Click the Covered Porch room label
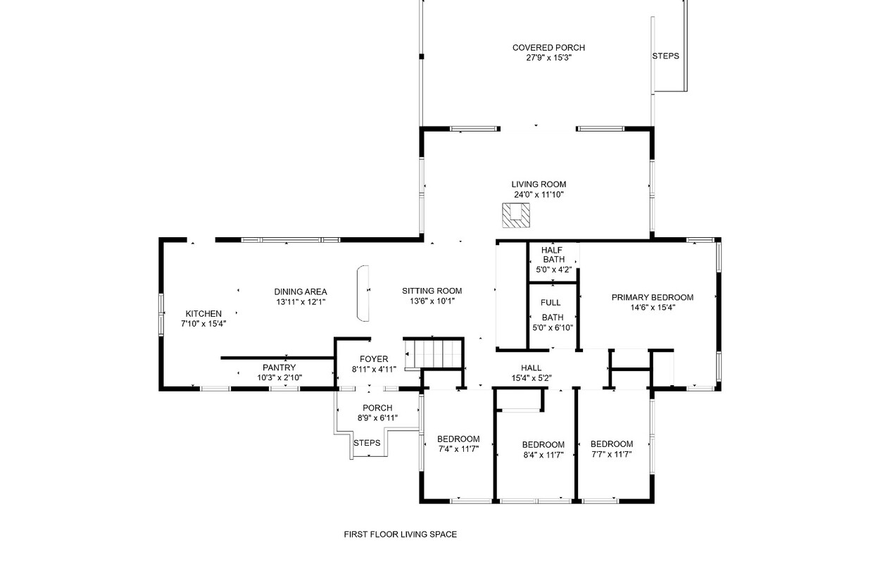pyautogui.click(x=548, y=48)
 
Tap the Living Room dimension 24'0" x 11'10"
pyautogui.click(x=539, y=194)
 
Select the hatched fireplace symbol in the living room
pyautogui.click(x=516, y=215)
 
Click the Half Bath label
pyautogui.click(x=553, y=255)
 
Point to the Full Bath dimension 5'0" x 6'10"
pyautogui.click(x=553, y=327)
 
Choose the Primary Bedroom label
pyautogui.click(x=652, y=297)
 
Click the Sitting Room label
pyautogui.click(x=432, y=291)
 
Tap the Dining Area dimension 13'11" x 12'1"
pyautogui.click(x=301, y=302)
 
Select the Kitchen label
pyautogui.click(x=203, y=313)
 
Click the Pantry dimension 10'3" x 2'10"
pyautogui.click(x=279, y=377)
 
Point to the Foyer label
pyautogui.click(x=374, y=359)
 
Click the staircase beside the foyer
pyautogui.click(x=434, y=354)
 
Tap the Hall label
pyautogui.click(x=531, y=367)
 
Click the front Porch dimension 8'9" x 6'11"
pyautogui.click(x=377, y=417)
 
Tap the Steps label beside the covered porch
pyautogui.click(x=665, y=56)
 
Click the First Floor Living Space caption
pyautogui.click(x=401, y=534)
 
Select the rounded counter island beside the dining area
pyautogui.click(x=363, y=293)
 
